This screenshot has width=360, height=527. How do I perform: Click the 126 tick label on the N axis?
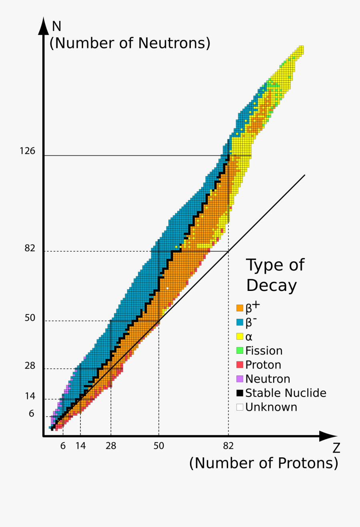[27, 151]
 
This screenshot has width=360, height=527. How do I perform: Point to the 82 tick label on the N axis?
[30, 248]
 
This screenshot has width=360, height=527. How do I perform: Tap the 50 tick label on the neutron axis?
[30, 318]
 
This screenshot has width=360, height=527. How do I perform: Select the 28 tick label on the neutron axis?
[30, 366]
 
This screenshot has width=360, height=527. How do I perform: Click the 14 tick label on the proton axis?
[80, 446]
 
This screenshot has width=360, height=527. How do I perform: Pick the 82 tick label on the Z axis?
[228, 446]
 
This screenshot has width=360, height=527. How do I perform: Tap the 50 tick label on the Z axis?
[159, 446]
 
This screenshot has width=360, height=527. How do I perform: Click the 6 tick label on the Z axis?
[63, 446]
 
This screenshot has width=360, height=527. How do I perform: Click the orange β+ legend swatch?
[240, 308]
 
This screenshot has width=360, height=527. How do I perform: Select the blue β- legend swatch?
[240, 322]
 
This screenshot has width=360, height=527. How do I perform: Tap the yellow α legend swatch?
[240, 337]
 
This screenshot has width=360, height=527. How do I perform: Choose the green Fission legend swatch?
[240, 351]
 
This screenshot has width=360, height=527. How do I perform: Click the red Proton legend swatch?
[240, 365]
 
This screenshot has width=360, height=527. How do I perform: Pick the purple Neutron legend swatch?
[240, 379]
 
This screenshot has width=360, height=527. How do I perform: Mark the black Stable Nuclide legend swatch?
[240, 393]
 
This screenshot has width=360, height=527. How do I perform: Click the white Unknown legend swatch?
[240, 407]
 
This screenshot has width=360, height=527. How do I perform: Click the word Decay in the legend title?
[272, 286]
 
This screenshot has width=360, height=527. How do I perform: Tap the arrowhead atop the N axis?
[43, 26]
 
